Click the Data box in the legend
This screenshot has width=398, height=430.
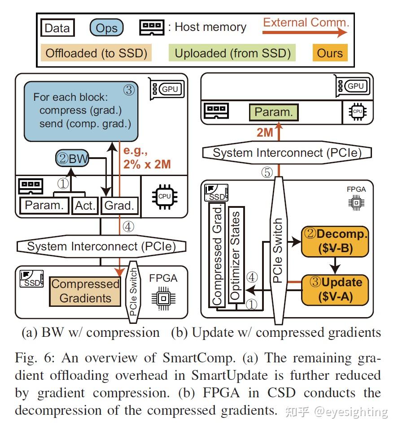pyautogui.click(x=58, y=28)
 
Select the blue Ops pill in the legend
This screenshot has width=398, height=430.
pyautogui.click(x=107, y=28)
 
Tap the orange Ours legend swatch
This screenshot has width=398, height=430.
pyautogui.click(x=330, y=53)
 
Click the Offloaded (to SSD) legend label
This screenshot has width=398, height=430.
pyautogui.click(x=96, y=53)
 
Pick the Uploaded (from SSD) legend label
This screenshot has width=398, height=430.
pyautogui.click(x=232, y=53)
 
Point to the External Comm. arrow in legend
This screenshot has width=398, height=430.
pyautogui.click(x=305, y=32)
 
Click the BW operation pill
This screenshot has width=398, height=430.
pyautogui.click(x=72, y=158)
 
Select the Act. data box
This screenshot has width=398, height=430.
pyautogui.click(x=85, y=206)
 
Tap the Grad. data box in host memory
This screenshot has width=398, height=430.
pyautogui.click(x=119, y=206)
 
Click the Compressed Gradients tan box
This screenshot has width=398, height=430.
pyautogui.click(x=85, y=291)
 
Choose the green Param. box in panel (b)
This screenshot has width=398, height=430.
pyautogui.click(x=274, y=112)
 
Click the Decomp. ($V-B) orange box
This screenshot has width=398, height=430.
pyautogui.click(x=335, y=241)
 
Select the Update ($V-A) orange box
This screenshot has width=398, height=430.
pyautogui.click(x=335, y=290)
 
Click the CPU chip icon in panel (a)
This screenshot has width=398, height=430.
pyautogui.click(x=165, y=197)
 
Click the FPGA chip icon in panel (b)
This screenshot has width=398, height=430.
pyautogui.click(x=356, y=203)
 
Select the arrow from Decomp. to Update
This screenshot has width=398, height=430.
pyautogui.click(x=335, y=266)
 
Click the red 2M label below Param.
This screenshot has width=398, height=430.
pyautogui.click(x=265, y=133)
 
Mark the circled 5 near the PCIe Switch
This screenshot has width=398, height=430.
pyautogui.click(x=267, y=172)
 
